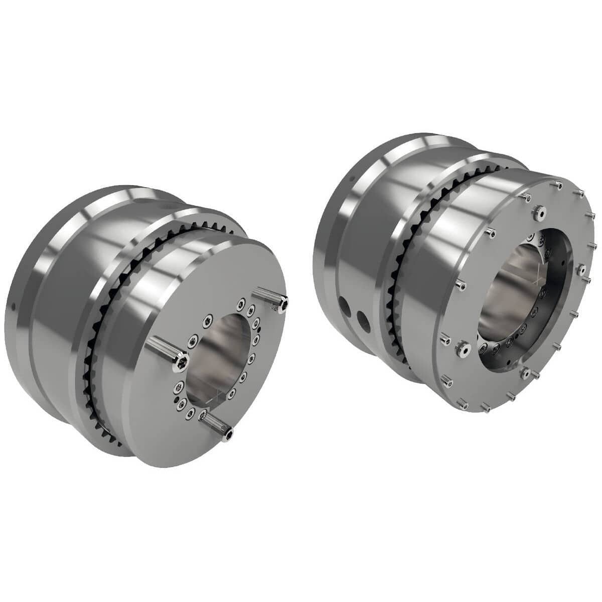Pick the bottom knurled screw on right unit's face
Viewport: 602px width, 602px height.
point(525,372)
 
